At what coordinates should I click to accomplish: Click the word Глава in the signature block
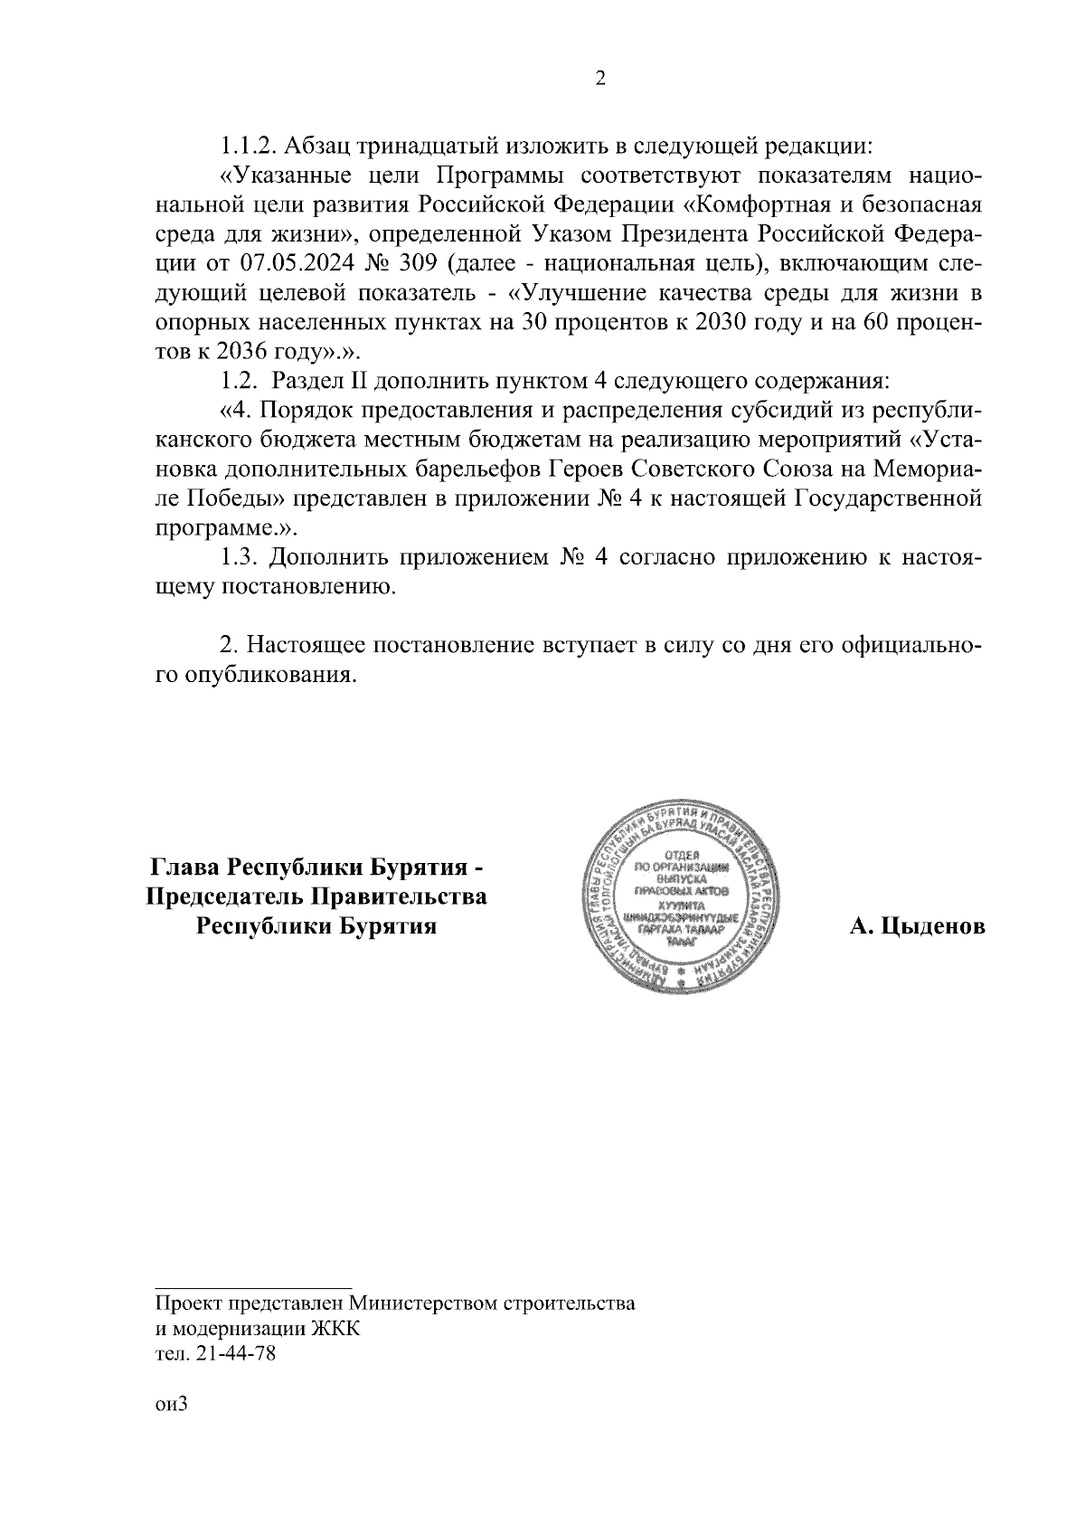184,868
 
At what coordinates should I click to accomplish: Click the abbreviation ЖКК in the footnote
335,1329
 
